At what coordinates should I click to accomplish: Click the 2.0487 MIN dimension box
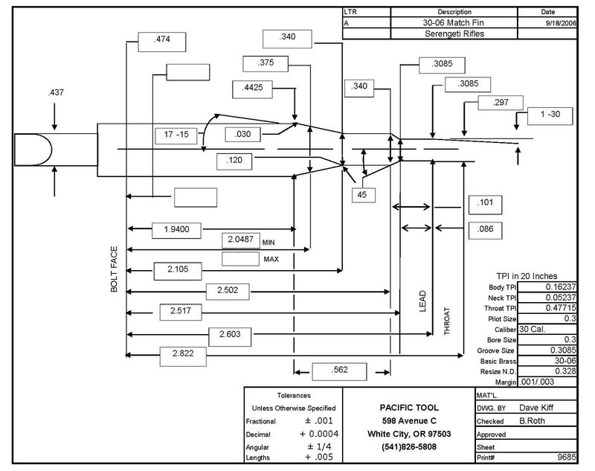pos(242,240)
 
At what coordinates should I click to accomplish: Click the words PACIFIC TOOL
pos(408,408)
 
